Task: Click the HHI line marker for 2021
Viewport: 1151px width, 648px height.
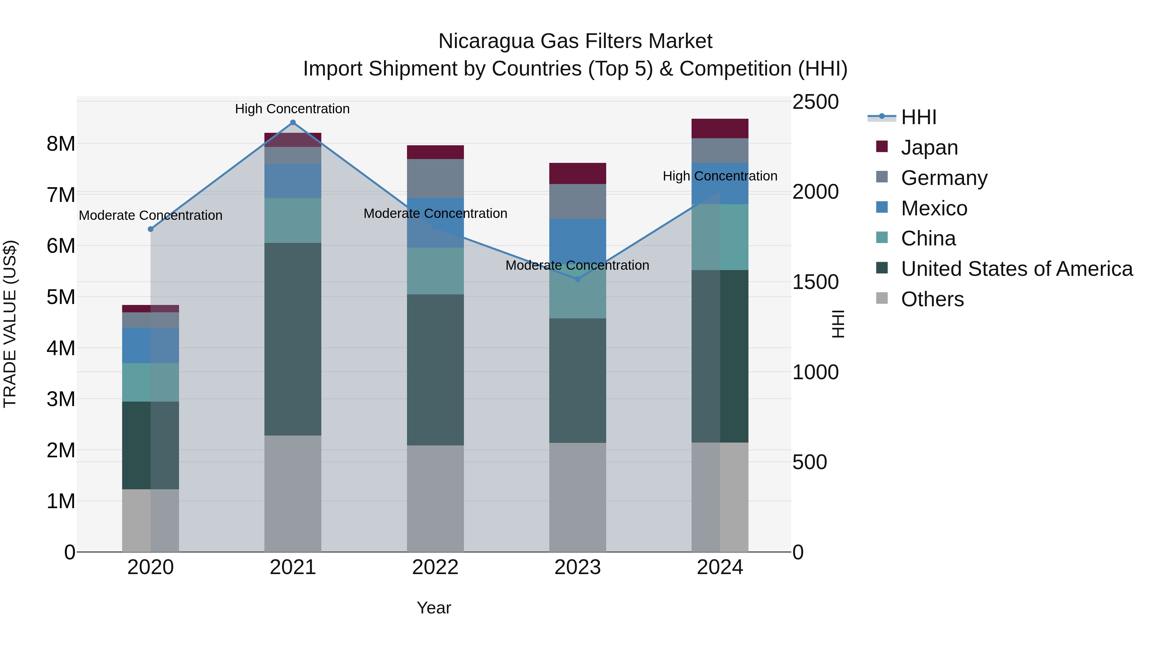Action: [293, 123]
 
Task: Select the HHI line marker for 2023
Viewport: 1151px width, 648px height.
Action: [577, 279]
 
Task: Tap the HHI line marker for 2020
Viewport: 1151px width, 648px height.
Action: [151, 229]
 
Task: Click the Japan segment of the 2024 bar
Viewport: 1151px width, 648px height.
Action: [719, 129]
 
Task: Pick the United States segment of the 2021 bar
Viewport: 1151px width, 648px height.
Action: [293, 339]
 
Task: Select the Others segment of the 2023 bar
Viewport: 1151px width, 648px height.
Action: [577, 497]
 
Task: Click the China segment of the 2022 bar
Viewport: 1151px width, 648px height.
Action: [435, 271]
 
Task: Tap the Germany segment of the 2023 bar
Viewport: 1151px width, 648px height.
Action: [577, 201]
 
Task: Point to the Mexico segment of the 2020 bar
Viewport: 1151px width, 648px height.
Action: [151, 345]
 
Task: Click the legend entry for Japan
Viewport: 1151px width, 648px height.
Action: [929, 148]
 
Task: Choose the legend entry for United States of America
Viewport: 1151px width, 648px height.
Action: [1016, 269]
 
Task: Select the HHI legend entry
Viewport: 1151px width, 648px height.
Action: [918, 117]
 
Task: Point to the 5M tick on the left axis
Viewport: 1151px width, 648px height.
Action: [61, 297]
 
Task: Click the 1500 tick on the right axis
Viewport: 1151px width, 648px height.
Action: [815, 282]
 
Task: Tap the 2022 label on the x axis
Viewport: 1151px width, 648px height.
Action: [435, 567]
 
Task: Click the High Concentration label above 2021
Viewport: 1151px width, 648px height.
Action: [292, 109]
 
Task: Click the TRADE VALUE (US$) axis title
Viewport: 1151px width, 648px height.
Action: [10, 324]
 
